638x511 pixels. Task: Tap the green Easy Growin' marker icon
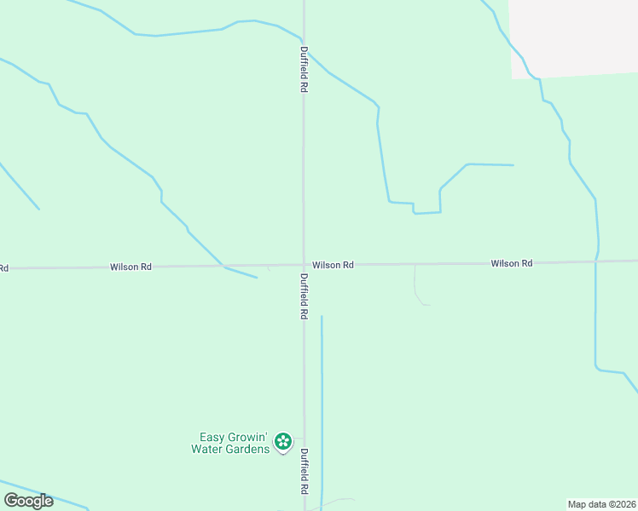pos(283,442)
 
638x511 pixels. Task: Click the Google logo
pos(28,501)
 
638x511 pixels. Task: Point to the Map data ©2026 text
pos(602,504)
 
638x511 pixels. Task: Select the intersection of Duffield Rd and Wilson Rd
pos(304,265)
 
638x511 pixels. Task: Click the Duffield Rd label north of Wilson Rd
pos(304,69)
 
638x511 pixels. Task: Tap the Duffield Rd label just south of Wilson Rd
pos(304,296)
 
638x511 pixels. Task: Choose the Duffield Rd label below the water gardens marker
pos(304,472)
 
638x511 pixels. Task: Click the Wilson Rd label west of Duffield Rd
pos(130,267)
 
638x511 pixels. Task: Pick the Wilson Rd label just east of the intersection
pos(333,265)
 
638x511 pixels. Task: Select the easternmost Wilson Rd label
pos(512,263)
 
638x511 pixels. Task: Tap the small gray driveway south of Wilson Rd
pos(415,285)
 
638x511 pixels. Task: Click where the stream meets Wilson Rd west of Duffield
pos(223,267)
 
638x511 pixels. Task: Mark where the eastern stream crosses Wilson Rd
pos(596,261)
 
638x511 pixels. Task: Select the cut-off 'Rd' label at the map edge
pos(3,268)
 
